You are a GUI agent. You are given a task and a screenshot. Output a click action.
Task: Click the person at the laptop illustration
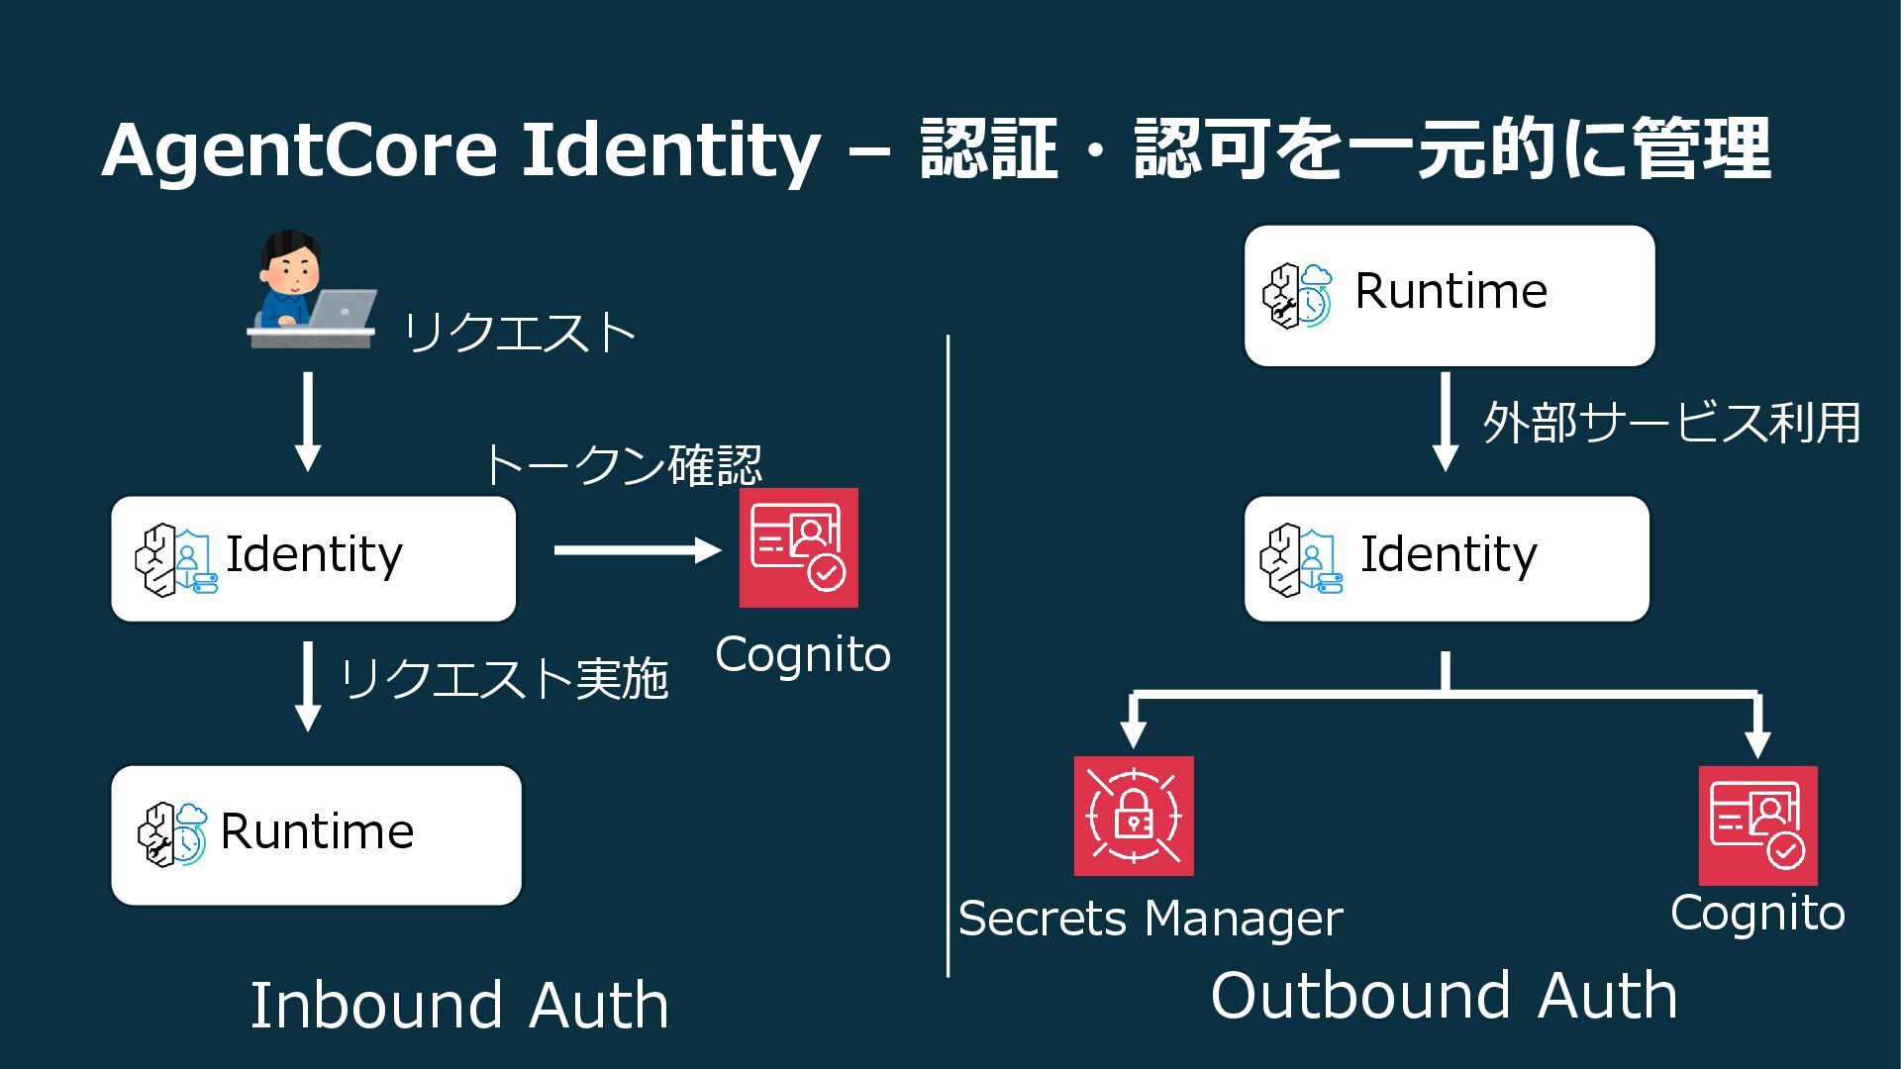click(310, 290)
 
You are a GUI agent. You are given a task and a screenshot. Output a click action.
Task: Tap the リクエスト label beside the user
click(519, 333)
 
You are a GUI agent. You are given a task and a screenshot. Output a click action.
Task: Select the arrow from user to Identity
click(308, 421)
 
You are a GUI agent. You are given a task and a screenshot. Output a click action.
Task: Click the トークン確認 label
click(622, 464)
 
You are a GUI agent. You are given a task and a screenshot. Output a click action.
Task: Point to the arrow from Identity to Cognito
click(637, 550)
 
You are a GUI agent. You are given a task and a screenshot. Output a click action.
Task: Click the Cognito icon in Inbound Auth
click(798, 547)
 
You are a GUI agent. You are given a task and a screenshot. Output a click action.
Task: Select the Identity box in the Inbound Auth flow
click(313, 558)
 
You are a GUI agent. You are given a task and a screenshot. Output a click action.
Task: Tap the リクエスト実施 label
click(503, 679)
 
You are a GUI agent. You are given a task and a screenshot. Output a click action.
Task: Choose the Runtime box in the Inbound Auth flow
click(316, 834)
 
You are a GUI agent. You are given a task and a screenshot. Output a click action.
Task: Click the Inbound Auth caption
click(458, 1006)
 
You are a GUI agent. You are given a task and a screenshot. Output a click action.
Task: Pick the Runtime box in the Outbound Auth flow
click(1449, 295)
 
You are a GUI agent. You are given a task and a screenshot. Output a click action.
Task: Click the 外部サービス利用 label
click(1671, 423)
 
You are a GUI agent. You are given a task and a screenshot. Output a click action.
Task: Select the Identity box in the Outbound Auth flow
click(1447, 558)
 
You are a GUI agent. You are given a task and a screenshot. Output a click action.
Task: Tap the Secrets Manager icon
click(1134, 816)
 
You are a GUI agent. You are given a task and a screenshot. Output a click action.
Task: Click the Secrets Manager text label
click(1151, 919)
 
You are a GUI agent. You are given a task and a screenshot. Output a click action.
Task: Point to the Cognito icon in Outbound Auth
click(1757, 825)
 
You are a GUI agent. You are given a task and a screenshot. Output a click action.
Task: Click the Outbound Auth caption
click(1444, 996)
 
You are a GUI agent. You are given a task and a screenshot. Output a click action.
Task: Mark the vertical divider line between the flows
click(948, 653)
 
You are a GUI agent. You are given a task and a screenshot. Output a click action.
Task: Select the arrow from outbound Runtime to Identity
click(1446, 421)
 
